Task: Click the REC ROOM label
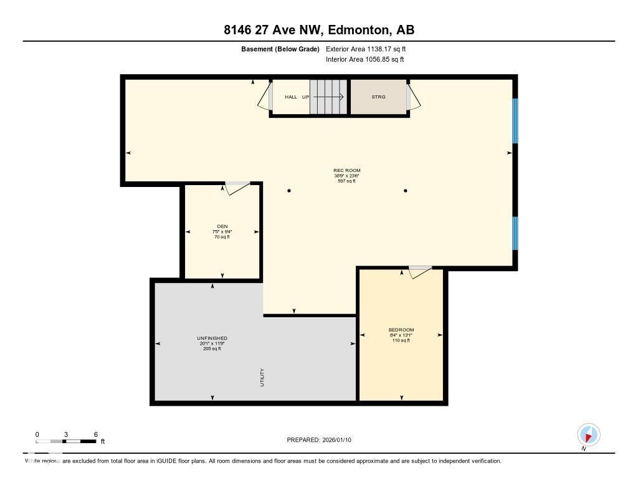(x=347, y=170)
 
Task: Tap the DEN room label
(x=222, y=227)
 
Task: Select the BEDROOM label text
(x=401, y=330)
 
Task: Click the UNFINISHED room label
(x=212, y=338)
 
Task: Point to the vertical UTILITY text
(x=263, y=378)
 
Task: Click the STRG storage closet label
(x=378, y=97)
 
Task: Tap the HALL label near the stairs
(x=291, y=97)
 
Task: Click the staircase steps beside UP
(x=329, y=97)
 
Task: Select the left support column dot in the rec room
(x=289, y=191)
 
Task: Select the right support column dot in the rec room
(x=406, y=191)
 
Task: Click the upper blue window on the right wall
(x=515, y=120)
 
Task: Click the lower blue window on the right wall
(x=515, y=232)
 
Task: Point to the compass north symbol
(x=588, y=434)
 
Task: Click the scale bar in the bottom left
(x=66, y=441)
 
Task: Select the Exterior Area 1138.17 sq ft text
(x=366, y=49)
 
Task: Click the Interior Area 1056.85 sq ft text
(x=364, y=60)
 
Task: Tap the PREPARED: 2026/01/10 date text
(x=323, y=440)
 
